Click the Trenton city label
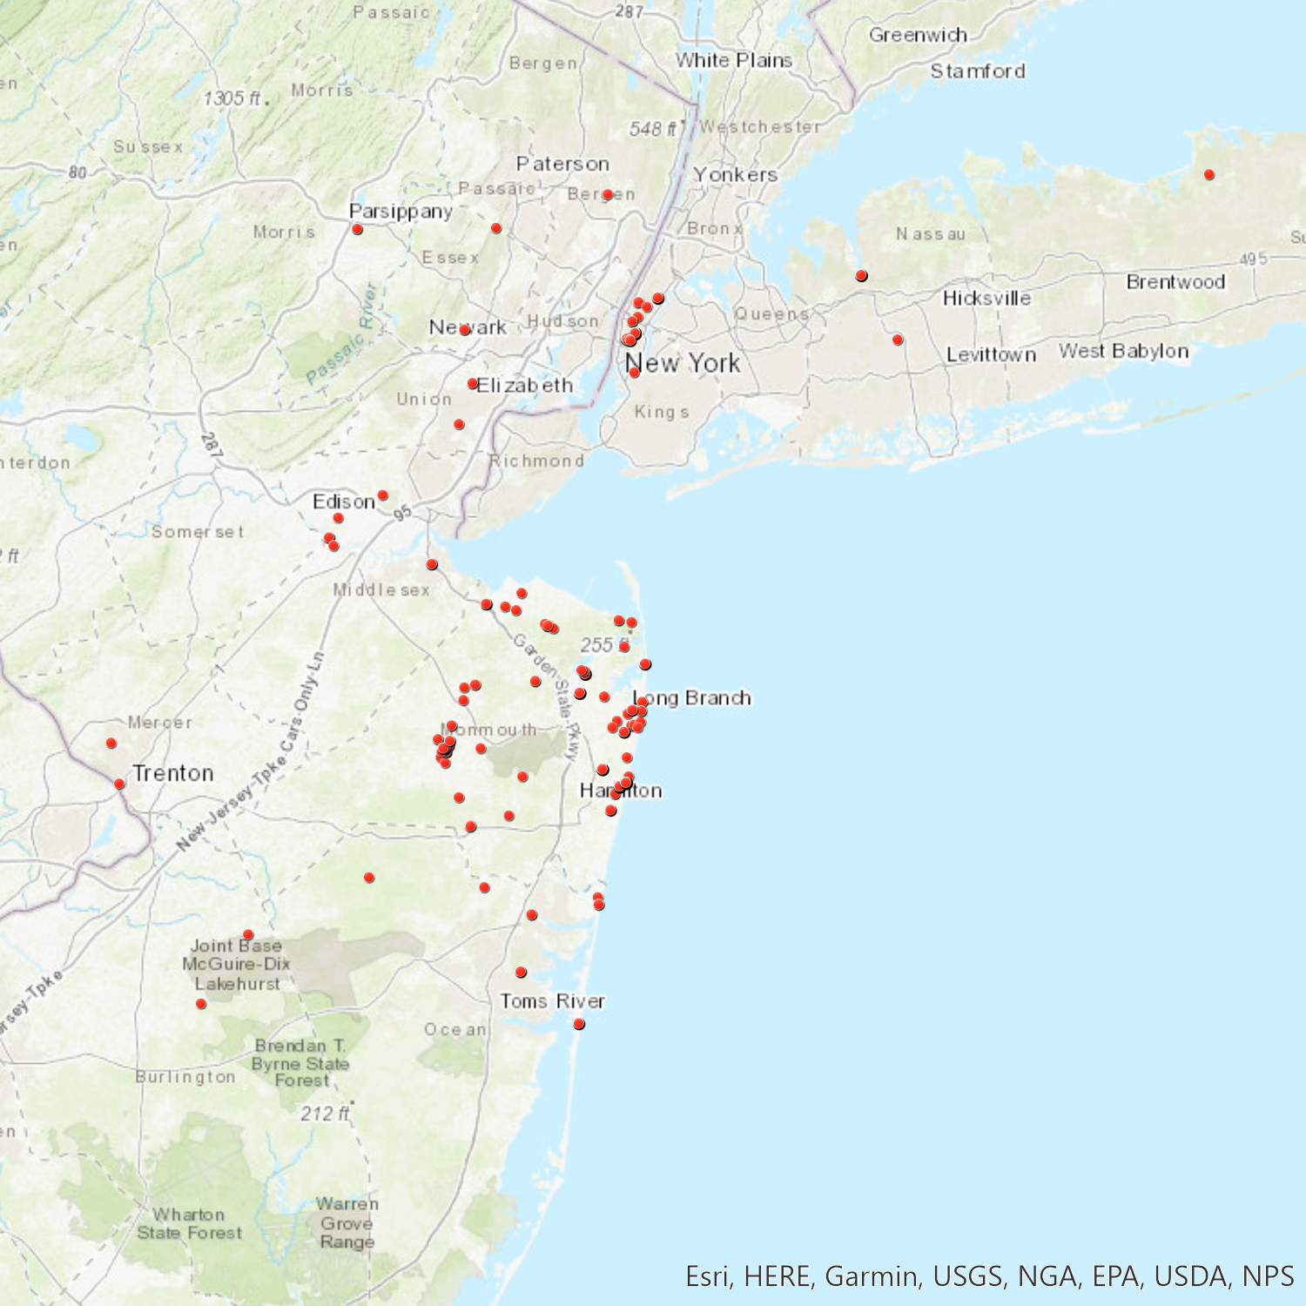(x=172, y=773)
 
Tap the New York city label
(x=683, y=363)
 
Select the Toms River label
(x=552, y=1001)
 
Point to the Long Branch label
(x=692, y=697)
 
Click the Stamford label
(x=978, y=71)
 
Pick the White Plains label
(x=734, y=60)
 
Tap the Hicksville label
(x=986, y=298)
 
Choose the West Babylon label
(x=1123, y=351)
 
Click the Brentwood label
(x=1175, y=282)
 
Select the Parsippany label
(x=401, y=211)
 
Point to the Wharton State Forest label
(x=189, y=1223)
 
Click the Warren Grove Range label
(x=347, y=1222)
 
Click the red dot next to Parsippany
(x=357, y=229)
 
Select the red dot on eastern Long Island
(x=1208, y=175)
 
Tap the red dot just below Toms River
(x=579, y=1024)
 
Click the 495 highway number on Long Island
(x=1253, y=259)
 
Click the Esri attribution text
(x=989, y=1276)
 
